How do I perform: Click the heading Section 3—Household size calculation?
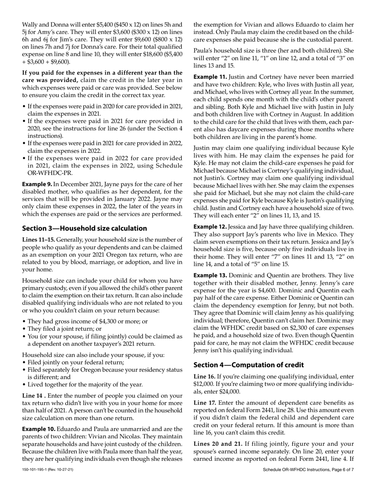[84, 228]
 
